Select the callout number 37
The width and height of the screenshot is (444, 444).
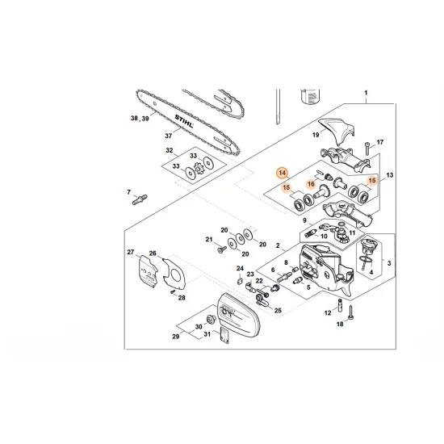pyautogui.click(x=168, y=135)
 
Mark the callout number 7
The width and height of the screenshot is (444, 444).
pyautogui.click(x=128, y=192)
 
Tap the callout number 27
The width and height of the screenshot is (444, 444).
pyautogui.click(x=130, y=253)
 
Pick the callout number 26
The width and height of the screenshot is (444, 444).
pyautogui.click(x=153, y=253)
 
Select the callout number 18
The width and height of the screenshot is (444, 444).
pyautogui.click(x=340, y=324)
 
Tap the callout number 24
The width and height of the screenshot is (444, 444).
pyautogui.click(x=240, y=268)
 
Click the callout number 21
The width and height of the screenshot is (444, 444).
pyautogui.click(x=207, y=240)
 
